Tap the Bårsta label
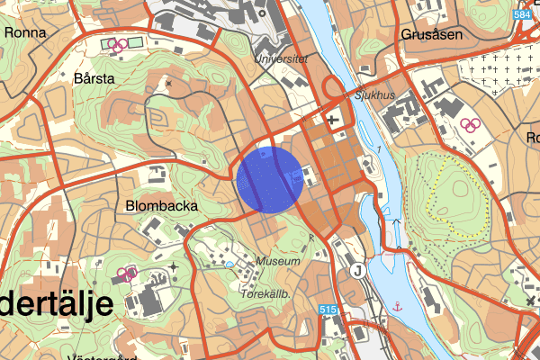click(95, 78)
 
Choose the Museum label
click(277, 261)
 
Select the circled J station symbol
click(357, 270)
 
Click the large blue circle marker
click(268, 178)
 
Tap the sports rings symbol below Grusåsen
click(468, 124)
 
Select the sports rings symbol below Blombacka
click(126, 272)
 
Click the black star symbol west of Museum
click(175, 267)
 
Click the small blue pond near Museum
click(229, 264)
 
